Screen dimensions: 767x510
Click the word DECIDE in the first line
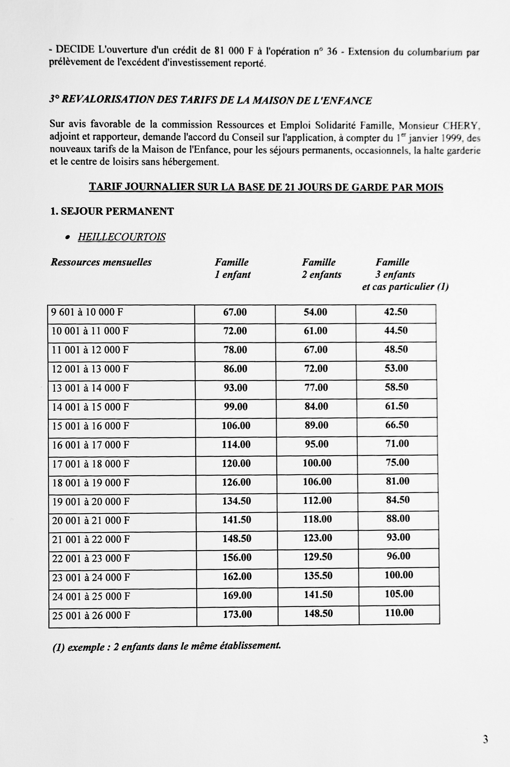pos(75,50)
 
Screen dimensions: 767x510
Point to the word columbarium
pos(435,52)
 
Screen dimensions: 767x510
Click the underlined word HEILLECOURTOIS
pos(122,237)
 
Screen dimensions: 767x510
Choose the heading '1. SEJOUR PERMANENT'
pos(112,212)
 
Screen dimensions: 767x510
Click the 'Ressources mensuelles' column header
pos(101,262)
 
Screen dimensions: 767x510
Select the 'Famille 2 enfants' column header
pos(321,268)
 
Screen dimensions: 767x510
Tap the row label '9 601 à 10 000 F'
pos(87,312)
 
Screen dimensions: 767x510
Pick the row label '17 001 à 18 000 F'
pos(91,464)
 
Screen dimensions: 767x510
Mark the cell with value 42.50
pos(396,312)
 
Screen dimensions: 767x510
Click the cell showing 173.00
pos(237,614)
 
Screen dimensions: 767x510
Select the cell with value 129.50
pos(318,557)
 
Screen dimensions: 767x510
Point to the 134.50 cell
pos(236,501)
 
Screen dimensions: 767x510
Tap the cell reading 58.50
pos(396,387)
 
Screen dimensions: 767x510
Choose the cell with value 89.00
pos(316,425)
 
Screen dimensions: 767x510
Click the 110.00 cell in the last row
pos(399,613)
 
